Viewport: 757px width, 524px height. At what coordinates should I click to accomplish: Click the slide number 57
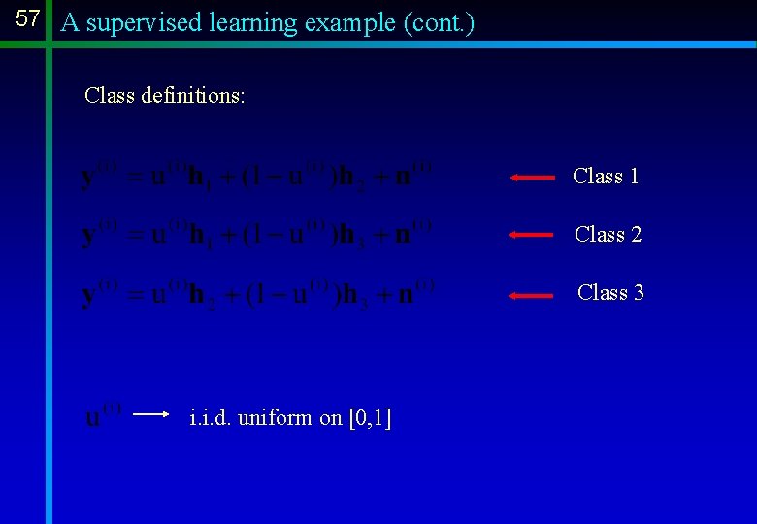coord(28,19)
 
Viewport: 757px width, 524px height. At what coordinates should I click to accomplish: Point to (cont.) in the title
coord(439,22)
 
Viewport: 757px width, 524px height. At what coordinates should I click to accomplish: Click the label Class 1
coord(606,176)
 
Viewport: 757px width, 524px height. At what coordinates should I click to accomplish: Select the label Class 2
coord(608,234)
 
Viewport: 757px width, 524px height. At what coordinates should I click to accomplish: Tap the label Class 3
coord(610,292)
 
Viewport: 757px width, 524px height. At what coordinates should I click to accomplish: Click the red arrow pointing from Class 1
coord(532,178)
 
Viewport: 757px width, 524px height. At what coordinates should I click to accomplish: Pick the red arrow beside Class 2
coord(532,236)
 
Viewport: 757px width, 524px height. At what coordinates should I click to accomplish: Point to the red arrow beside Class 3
coord(532,295)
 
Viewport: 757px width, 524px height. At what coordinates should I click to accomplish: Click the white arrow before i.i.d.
coord(151,414)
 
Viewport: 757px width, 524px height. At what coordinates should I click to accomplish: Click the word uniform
coord(276,418)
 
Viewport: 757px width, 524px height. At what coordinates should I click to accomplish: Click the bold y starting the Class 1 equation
coord(89,180)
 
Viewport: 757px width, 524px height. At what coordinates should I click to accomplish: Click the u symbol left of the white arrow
coord(94,418)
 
